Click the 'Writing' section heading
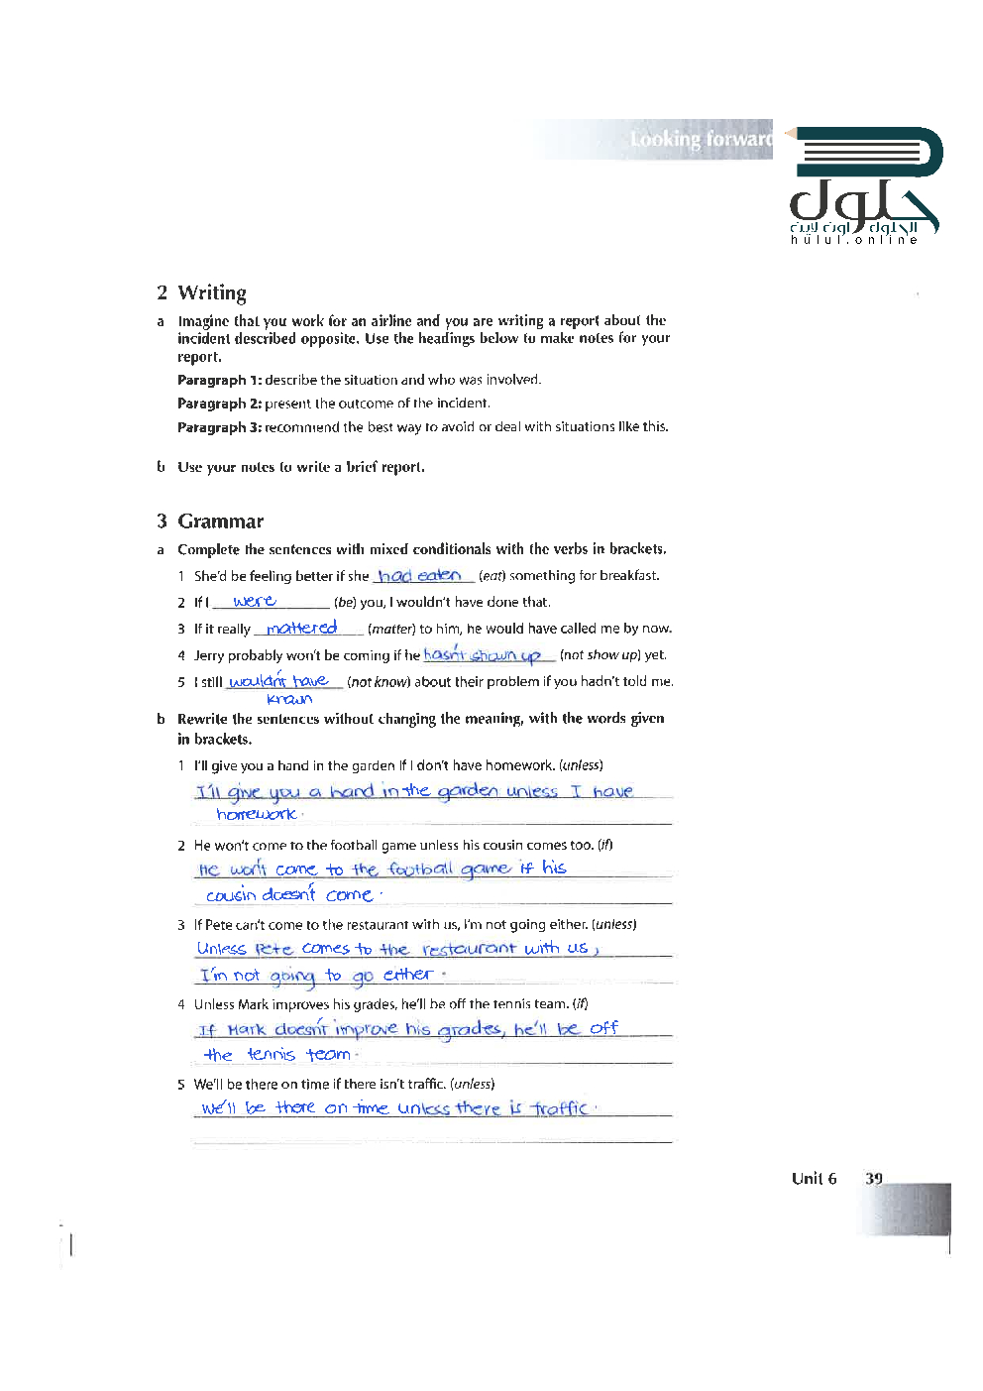[211, 292]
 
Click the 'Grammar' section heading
[220, 522]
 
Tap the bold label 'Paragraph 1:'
[218, 380]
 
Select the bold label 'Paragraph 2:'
[218, 404]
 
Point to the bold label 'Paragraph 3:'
[219, 427]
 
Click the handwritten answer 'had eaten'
[419, 575]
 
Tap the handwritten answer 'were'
[254, 601]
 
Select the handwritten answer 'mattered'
[302, 628]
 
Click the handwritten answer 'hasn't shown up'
[482, 654]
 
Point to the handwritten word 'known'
[289, 699]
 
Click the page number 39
[873, 1178]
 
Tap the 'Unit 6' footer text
[814, 1178]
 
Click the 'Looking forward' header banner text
[701, 140]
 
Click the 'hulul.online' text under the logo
[853, 240]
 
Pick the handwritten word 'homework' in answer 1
[257, 814]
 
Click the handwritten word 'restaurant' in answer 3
[469, 949]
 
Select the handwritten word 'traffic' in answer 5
[560, 1107]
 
